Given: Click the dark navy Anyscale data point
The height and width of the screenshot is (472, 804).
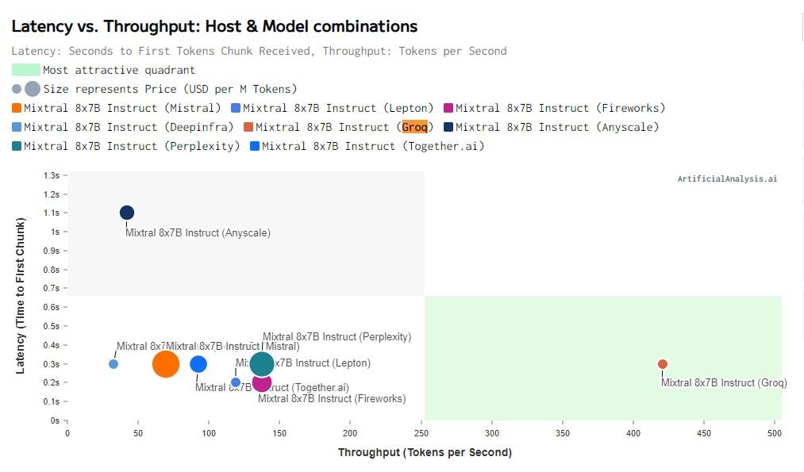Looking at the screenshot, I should (127, 213).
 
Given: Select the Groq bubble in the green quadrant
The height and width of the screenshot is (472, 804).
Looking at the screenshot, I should (663, 364).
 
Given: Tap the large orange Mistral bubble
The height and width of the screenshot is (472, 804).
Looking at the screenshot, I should (166, 364).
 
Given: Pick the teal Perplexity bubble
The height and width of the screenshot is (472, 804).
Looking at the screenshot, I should (262, 364).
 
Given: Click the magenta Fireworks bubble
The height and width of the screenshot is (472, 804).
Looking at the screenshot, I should (262, 383).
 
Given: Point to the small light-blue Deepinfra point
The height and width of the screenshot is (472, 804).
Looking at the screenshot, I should (113, 364).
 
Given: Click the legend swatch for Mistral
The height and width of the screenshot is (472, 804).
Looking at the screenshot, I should (17, 109).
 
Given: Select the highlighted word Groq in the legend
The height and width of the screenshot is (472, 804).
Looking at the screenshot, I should (414, 127).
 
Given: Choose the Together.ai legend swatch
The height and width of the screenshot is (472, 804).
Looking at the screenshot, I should (255, 147).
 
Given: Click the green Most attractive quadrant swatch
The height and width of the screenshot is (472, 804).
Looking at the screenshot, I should (25, 71).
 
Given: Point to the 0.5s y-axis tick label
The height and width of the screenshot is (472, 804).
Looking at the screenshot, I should (52, 326).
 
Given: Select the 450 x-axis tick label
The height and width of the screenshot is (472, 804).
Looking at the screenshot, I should (704, 434).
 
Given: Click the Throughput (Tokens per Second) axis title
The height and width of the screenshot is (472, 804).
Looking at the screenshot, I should (425, 453).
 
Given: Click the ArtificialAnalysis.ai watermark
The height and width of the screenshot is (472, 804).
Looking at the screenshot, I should (727, 179).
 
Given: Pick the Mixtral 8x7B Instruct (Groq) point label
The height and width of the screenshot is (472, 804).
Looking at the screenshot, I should (724, 383).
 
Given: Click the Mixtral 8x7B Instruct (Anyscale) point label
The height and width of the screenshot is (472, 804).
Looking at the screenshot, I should (198, 233).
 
